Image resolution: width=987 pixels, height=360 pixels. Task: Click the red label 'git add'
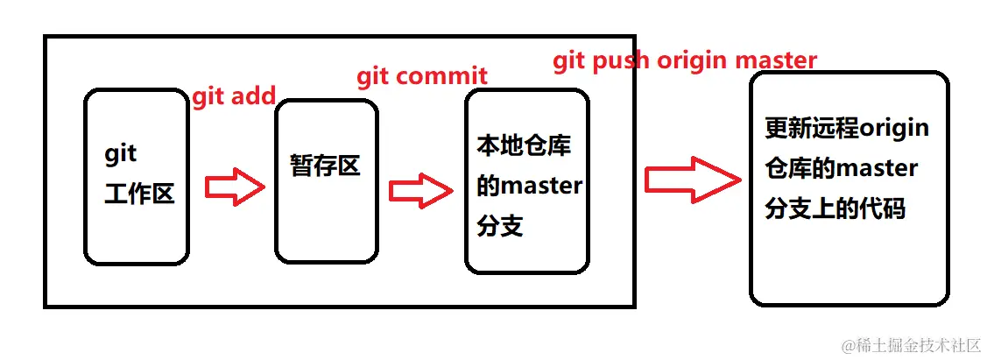[234, 95]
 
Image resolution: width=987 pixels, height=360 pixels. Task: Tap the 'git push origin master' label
[685, 60]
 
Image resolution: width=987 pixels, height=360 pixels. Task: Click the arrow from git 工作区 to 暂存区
[234, 187]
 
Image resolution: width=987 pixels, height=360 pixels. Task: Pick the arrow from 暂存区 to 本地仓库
[417, 190]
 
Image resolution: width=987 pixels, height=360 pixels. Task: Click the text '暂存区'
[325, 165]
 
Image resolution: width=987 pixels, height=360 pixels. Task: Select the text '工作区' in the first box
[139, 194]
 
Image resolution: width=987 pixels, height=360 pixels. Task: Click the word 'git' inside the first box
[121, 154]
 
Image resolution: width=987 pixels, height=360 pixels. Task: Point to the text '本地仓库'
[524, 145]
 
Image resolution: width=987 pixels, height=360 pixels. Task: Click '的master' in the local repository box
[529, 186]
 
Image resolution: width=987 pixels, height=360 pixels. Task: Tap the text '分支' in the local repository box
[500, 226]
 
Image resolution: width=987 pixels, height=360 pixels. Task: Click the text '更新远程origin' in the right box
[847, 129]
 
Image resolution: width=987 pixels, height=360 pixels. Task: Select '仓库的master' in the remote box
[841, 168]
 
